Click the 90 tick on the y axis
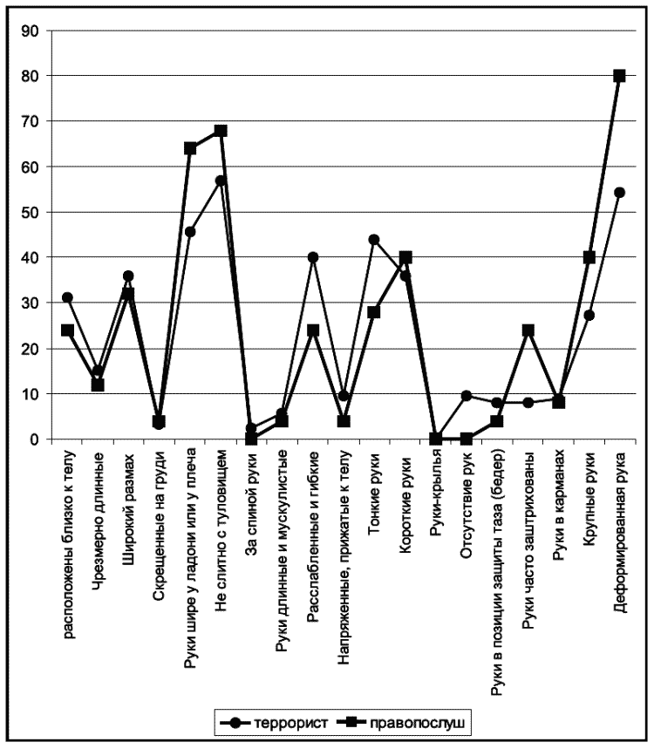(x=31, y=31)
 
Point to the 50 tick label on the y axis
(x=31, y=212)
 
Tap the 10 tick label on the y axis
(x=31, y=394)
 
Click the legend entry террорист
(x=288, y=723)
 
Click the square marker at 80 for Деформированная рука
(x=619, y=76)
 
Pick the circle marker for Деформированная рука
(x=619, y=193)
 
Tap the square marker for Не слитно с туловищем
(x=221, y=131)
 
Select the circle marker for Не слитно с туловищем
(x=221, y=180)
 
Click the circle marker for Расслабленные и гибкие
(x=313, y=257)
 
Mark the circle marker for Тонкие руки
(x=374, y=240)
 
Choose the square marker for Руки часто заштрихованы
(x=528, y=330)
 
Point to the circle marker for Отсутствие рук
(x=466, y=396)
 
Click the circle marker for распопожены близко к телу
(x=67, y=298)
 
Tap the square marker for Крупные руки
(x=589, y=257)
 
